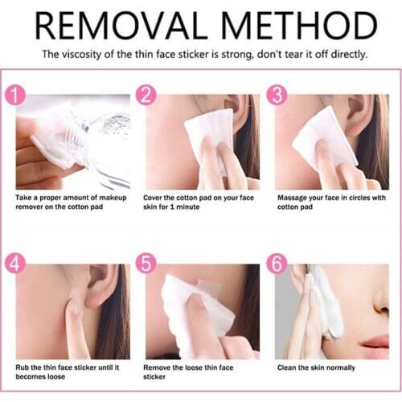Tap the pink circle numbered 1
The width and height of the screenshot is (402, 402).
tap(15, 96)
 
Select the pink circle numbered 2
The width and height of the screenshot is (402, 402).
tap(145, 96)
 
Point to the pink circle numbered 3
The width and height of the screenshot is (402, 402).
tap(275, 96)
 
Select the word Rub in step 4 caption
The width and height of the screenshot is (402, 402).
tap(23, 367)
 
